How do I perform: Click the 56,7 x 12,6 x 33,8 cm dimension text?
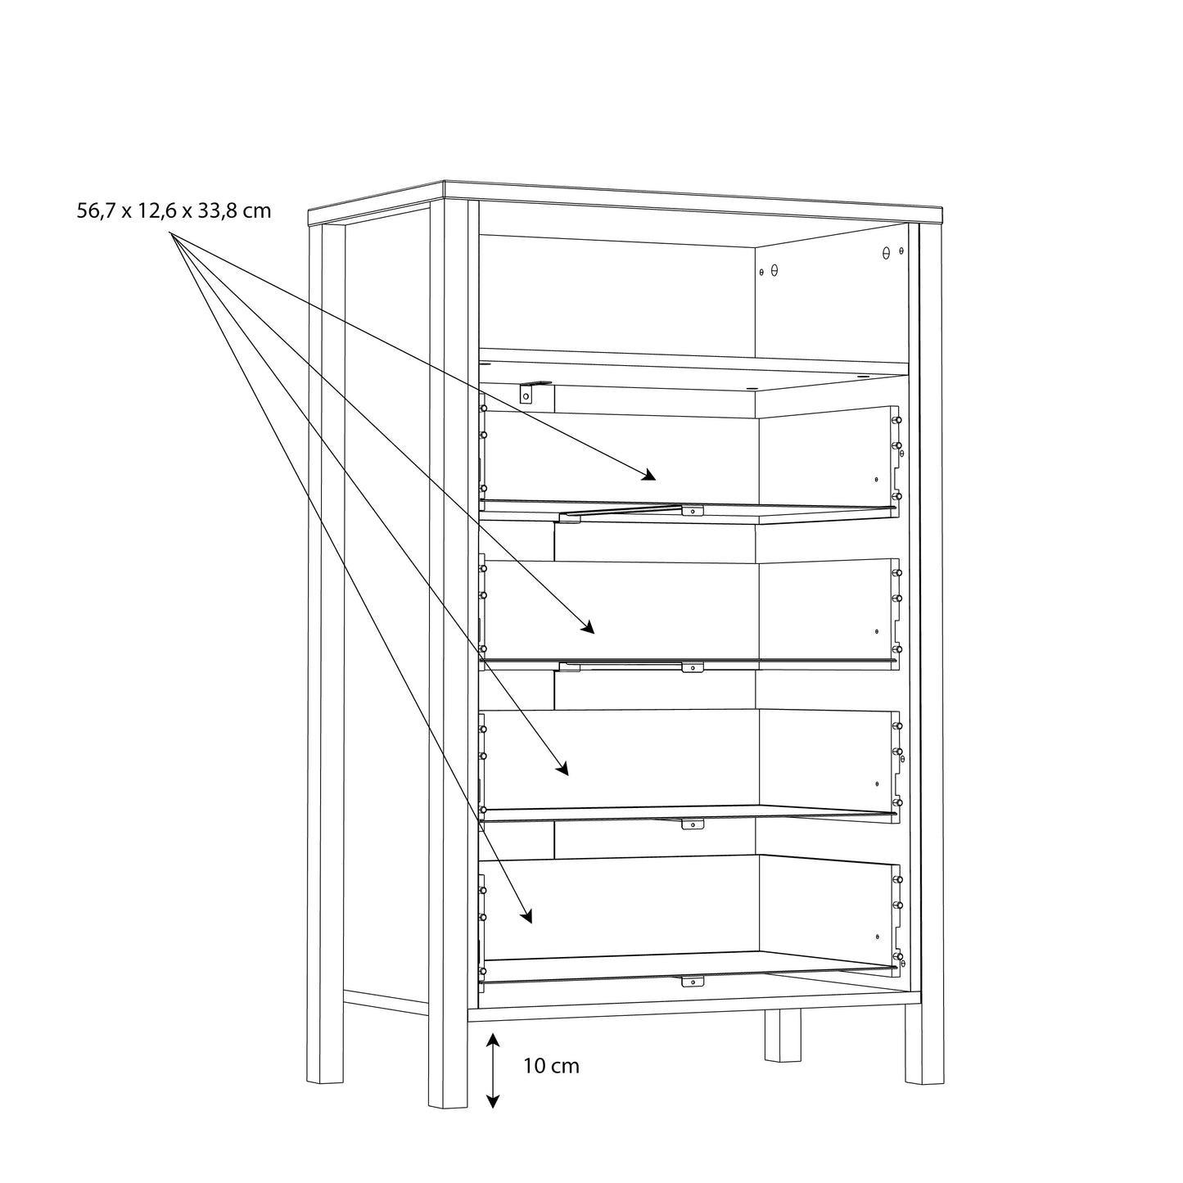point(174,211)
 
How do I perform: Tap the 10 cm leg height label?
point(551,1066)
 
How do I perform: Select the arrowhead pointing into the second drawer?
point(588,627)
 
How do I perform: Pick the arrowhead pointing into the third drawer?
point(562,769)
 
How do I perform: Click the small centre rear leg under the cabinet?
point(783,1036)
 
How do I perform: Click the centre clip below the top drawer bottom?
point(693,511)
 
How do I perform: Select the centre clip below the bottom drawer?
point(693,981)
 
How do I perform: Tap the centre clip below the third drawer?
point(693,824)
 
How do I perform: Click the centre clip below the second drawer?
point(693,667)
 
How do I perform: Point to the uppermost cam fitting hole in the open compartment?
point(886,252)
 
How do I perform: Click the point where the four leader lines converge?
point(170,233)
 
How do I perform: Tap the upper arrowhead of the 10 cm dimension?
point(492,1040)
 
